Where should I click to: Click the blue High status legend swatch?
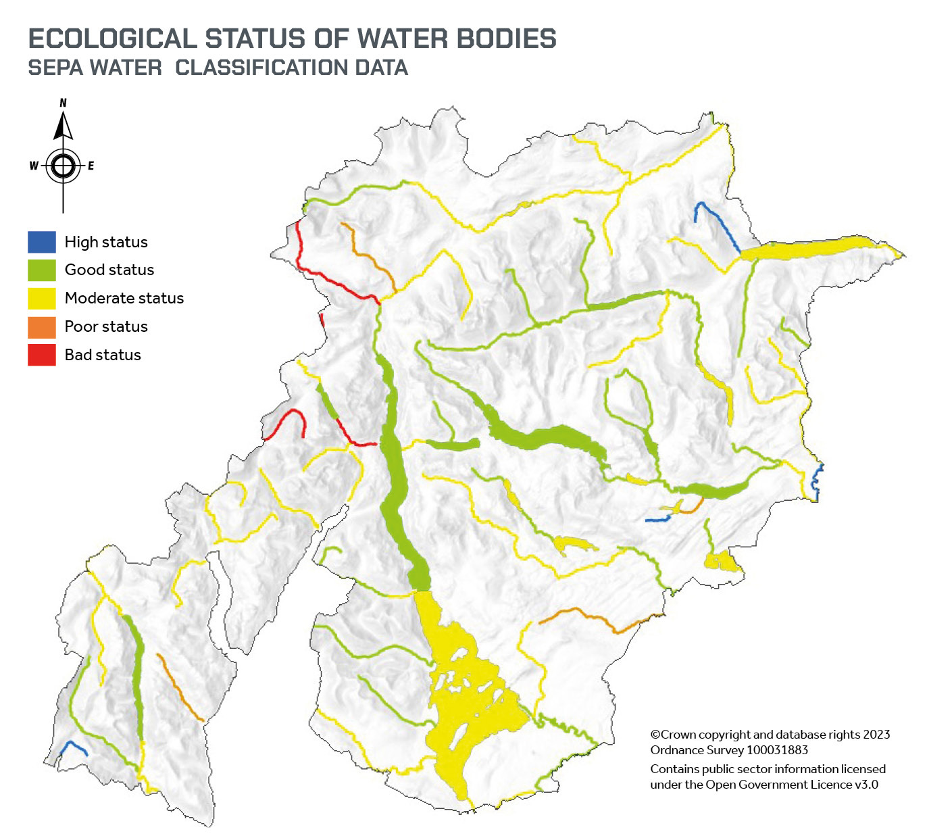tap(41, 242)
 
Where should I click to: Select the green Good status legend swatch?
tap(41, 270)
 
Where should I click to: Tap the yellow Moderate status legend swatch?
tap(41, 298)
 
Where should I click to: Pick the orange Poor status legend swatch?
tap(41, 326)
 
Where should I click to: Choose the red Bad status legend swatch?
tap(41, 355)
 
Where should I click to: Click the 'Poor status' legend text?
tap(106, 326)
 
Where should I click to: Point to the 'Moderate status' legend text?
tap(124, 298)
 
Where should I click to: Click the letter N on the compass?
tap(64, 103)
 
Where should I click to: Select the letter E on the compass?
tap(91, 166)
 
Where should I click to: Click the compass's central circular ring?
tap(63, 166)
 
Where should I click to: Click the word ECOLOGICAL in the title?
tap(112, 39)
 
